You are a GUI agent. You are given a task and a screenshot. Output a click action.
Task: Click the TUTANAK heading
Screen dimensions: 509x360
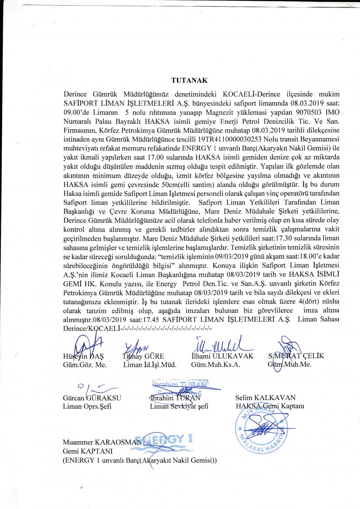point(189,80)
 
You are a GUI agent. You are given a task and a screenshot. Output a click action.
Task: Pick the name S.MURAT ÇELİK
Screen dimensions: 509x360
point(296,356)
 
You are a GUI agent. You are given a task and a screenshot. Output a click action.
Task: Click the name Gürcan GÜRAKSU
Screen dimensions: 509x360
point(92,398)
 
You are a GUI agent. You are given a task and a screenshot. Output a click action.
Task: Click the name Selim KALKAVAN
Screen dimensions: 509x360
point(265,397)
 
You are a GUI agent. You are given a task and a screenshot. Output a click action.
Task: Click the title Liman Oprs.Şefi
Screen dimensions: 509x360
point(87,406)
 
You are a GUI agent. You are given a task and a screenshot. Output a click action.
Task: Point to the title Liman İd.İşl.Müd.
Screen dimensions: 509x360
point(150,365)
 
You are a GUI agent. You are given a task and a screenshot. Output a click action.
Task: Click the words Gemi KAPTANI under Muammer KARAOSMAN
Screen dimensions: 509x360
point(87,451)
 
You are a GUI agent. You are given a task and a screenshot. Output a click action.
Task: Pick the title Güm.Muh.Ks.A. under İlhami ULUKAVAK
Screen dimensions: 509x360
point(215,365)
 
